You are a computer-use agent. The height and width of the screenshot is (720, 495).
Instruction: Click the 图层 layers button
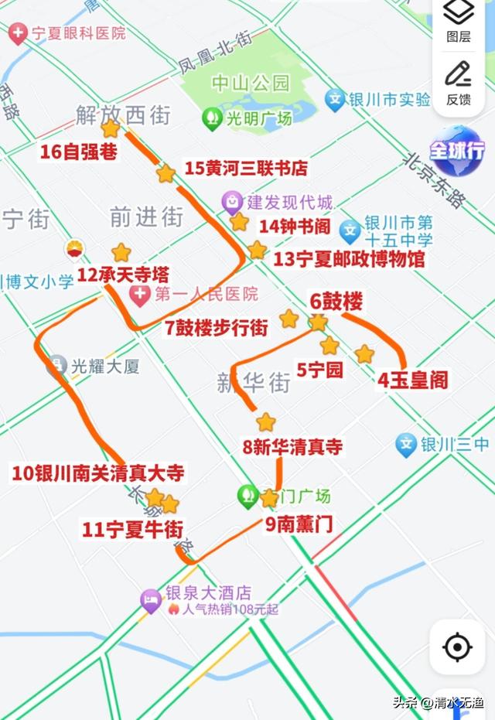pyautogui.click(x=459, y=21)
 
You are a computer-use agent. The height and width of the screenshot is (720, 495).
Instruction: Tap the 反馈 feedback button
pyautogui.click(x=459, y=82)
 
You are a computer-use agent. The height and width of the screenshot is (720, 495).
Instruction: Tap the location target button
pyautogui.click(x=458, y=647)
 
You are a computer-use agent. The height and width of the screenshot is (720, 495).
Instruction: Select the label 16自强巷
pyautogui.click(x=79, y=152)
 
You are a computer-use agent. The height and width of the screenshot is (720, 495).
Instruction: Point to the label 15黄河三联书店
pyautogui.click(x=246, y=168)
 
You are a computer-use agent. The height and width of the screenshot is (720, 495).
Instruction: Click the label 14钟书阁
pyautogui.click(x=295, y=227)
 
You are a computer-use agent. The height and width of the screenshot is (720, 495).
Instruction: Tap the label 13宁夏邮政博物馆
pyautogui.click(x=349, y=259)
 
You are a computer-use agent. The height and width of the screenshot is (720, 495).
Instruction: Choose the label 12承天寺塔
pyautogui.click(x=123, y=275)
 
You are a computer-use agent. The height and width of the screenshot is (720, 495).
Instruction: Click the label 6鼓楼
pyautogui.click(x=336, y=302)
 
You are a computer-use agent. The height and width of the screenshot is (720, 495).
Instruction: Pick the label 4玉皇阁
pyautogui.click(x=413, y=380)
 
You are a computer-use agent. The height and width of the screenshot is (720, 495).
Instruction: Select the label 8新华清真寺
pyautogui.click(x=292, y=447)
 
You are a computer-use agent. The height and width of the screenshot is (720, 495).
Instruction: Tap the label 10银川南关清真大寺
pyautogui.click(x=98, y=473)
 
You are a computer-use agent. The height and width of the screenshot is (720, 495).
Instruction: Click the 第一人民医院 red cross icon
pyautogui.click(x=140, y=294)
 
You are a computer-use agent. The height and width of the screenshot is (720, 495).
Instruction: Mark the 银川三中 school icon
pyautogui.click(x=406, y=444)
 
